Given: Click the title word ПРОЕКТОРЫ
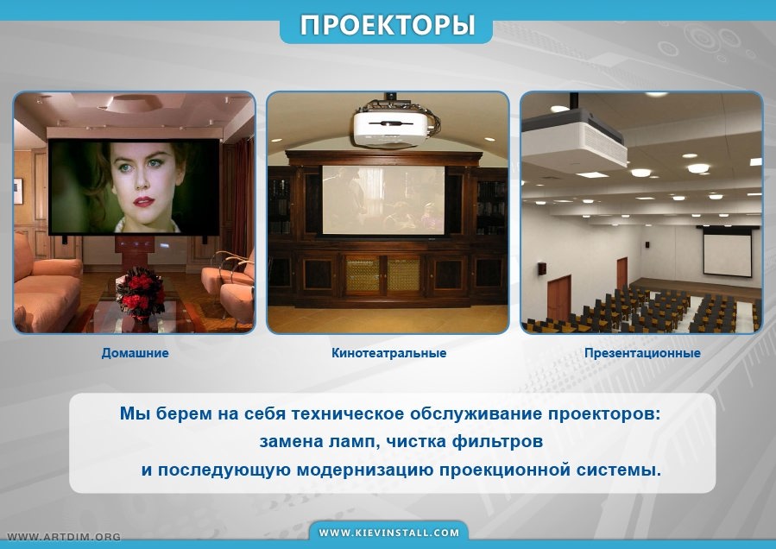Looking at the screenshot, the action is (387, 25).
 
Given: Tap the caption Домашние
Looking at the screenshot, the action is (136, 353).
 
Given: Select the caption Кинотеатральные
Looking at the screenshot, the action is (389, 353).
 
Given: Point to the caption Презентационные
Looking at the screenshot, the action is (642, 353).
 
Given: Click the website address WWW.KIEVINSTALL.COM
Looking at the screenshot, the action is (389, 533).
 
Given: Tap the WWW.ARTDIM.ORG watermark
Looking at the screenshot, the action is (64, 537).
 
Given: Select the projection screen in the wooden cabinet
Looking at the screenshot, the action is (383, 199).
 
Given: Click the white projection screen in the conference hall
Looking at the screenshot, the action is (728, 255).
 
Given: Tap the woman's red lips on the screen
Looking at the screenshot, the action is (143, 201).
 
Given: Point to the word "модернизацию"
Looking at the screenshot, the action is (365, 470).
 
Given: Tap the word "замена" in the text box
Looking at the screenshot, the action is (291, 442).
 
